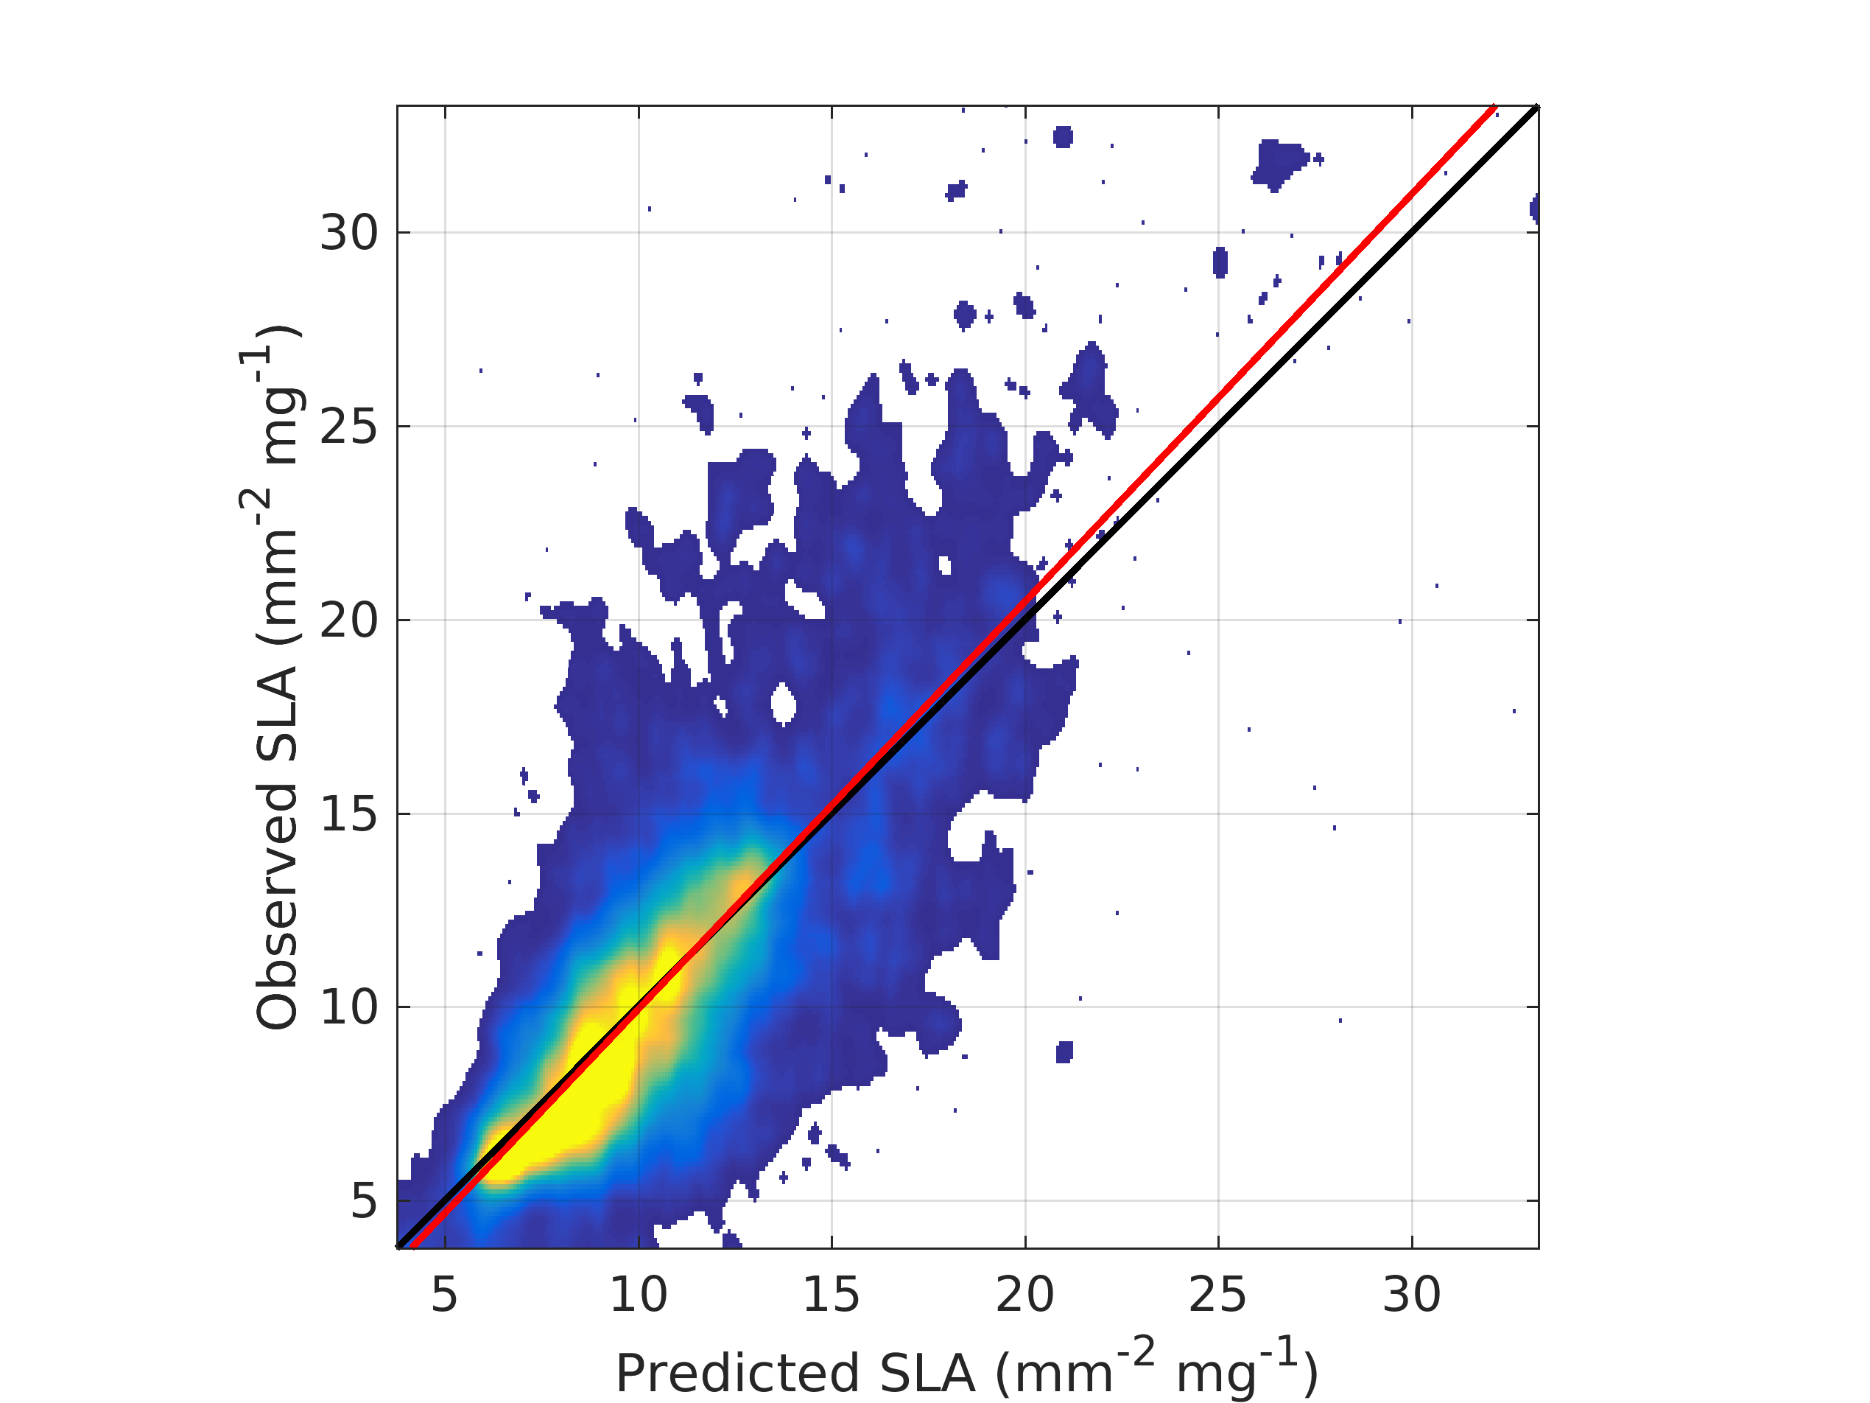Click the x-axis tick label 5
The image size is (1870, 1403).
pos(445,1295)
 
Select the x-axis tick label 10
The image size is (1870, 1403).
pos(639,1295)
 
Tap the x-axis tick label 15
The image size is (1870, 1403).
pos(831,1295)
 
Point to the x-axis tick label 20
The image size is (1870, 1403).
pos(1024,1295)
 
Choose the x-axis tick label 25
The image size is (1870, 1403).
pos(1217,1295)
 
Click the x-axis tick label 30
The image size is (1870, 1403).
pos(1412,1295)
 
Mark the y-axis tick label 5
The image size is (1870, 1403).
pos(364,1201)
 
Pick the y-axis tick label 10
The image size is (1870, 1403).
pos(349,1007)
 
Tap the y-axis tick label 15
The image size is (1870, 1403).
pos(349,814)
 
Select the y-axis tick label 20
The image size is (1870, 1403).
pos(349,620)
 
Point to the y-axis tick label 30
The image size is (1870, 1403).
pos(349,233)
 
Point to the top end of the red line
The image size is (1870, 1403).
pos(1494,107)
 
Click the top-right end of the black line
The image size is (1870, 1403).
pos(1537,108)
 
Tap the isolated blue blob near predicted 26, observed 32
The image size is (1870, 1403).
pos(1279,164)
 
